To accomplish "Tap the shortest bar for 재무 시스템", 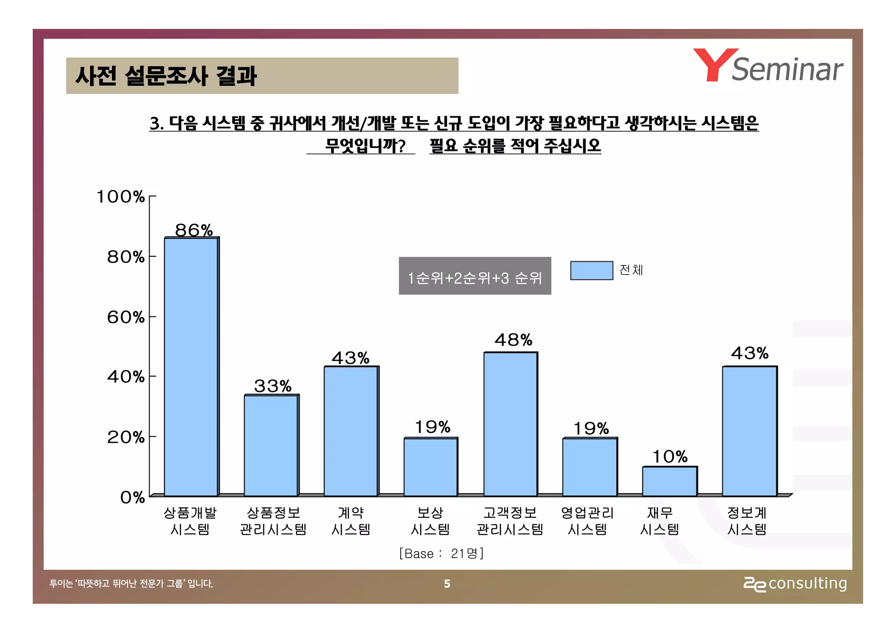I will click(669, 481).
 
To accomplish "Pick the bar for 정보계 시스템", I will click(749, 431).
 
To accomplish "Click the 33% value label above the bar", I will click(273, 386).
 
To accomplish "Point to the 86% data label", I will click(193, 230).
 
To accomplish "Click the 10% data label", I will click(670, 457).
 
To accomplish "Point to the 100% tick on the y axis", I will click(120, 197).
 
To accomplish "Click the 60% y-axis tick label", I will click(126, 317).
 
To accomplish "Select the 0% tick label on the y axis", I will click(132, 497).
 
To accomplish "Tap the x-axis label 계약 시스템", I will click(351, 521).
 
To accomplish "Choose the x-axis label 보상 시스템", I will click(430, 521).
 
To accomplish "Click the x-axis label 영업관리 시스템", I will click(588, 521).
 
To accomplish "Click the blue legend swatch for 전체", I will click(591, 270).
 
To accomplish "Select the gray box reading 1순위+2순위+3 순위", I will click(475, 276).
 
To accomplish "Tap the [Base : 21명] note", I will click(441, 553).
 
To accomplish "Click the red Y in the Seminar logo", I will click(715, 65).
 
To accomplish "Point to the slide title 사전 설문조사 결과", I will click(166, 76).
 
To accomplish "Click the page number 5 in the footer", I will click(447, 584).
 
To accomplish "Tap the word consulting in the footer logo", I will click(808, 584).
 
